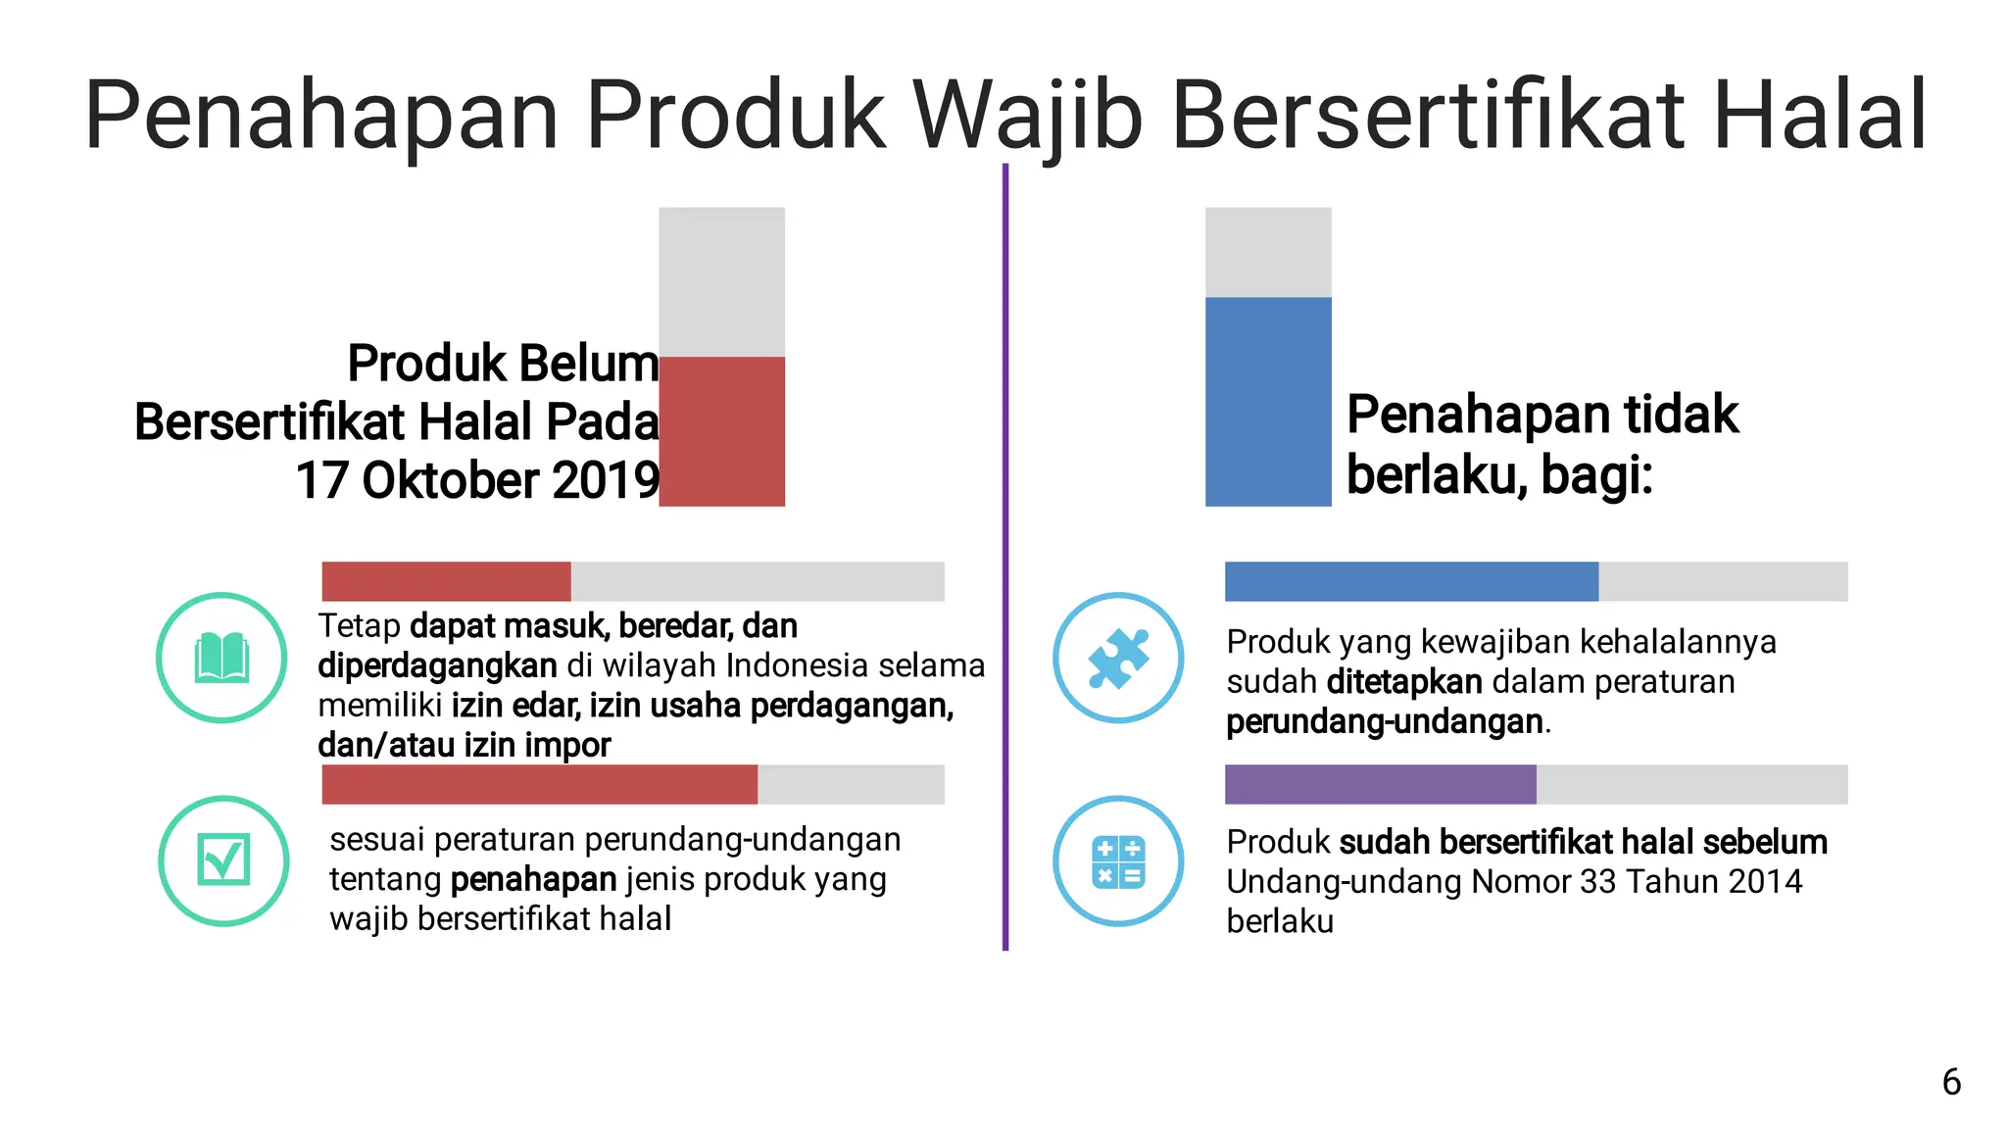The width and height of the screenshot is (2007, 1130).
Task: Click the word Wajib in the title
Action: click(x=1028, y=116)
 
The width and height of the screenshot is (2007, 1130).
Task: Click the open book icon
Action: click(x=221, y=658)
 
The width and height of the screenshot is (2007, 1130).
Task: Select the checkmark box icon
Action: click(x=223, y=860)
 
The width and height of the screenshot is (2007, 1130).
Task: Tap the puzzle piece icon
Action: click(x=1118, y=658)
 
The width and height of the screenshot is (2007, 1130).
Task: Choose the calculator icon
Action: click(x=1118, y=861)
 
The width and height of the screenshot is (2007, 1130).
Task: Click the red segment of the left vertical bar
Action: click(x=721, y=431)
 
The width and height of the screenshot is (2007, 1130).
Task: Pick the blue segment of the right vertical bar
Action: click(x=1268, y=402)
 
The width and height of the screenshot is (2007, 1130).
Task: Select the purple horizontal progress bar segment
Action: click(x=1380, y=784)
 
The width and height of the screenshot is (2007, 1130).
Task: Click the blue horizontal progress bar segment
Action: click(x=1411, y=581)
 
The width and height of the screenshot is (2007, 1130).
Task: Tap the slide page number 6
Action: click(x=1951, y=1082)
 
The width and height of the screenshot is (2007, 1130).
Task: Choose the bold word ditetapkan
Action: click(x=1404, y=682)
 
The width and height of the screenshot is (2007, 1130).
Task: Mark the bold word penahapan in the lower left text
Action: click(x=533, y=880)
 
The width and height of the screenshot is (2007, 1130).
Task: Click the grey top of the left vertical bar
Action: click(x=721, y=281)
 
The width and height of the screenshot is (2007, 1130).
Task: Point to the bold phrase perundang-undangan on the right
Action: click(x=1384, y=722)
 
